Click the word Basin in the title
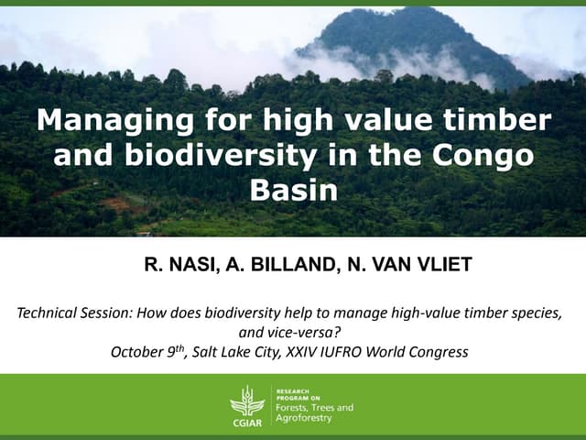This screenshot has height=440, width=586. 293,190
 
